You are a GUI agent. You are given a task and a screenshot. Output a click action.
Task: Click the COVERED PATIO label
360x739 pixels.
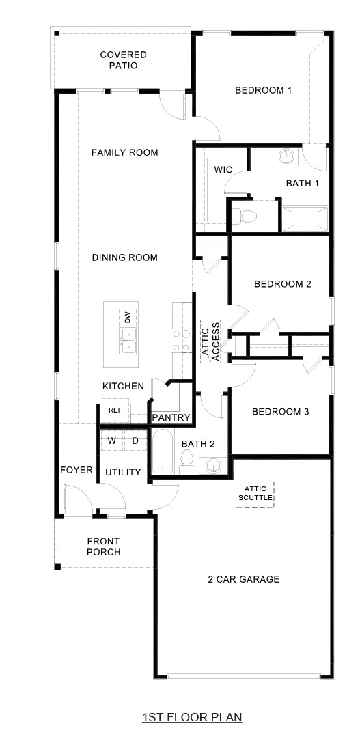[x=123, y=60]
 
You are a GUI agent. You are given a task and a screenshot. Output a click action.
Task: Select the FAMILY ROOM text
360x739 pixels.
[x=124, y=152]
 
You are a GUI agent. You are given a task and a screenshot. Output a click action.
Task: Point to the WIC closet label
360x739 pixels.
[x=224, y=169]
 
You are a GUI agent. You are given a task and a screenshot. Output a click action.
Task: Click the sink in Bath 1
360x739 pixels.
[x=287, y=157]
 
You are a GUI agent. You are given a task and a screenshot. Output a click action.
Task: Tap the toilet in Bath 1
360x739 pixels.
[x=247, y=217]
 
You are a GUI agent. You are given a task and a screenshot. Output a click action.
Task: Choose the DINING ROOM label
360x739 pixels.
[x=124, y=257]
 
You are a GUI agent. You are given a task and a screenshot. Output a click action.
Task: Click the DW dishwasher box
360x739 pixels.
[x=127, y=318]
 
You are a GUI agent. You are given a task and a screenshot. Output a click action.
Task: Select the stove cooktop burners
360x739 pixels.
[x=180, y=340]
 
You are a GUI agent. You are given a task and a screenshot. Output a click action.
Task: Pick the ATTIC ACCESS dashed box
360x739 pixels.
[x=210, y=340]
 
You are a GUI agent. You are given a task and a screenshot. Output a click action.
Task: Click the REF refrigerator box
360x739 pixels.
[x=115, y=410]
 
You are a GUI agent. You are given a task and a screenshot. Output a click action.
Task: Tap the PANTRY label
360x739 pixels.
[x=171, y=417]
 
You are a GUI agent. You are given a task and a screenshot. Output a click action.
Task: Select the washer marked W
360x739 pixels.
[x=111, y=441]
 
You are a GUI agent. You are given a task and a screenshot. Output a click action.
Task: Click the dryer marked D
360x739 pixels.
[x=135, y=441]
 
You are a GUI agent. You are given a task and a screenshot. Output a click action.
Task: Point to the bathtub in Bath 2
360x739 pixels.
[x=163, y=452]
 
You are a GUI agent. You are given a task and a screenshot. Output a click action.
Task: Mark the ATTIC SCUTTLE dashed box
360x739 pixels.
[x=255, y=494]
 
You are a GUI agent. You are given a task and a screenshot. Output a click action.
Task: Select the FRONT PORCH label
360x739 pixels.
[x=104, y=546]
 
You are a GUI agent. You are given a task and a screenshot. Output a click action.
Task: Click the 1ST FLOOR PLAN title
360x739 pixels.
[x=192, y=717]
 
